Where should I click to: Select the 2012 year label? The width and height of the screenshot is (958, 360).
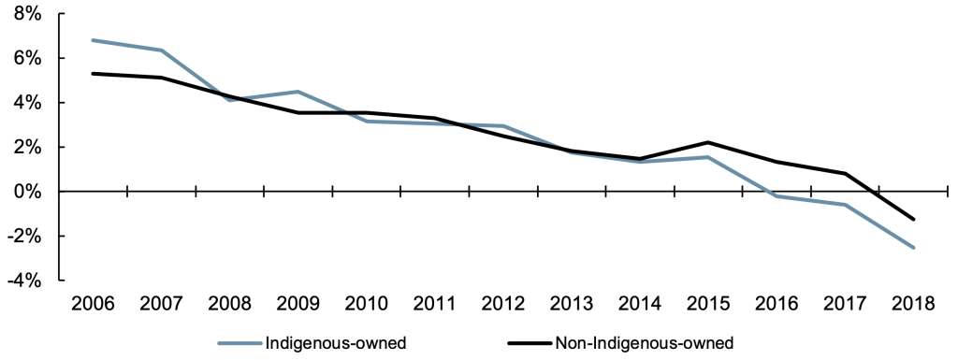(x=502, y=304)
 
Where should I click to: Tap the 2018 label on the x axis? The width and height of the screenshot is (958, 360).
(x=913, y=304)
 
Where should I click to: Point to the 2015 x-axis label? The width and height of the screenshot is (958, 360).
(x=708, y=304)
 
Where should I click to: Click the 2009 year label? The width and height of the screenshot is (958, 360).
(x=297, y=304)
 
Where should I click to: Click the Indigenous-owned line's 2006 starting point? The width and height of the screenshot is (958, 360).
(x=92, y=40)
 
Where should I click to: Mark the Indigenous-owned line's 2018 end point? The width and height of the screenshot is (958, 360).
(x=913, y=248)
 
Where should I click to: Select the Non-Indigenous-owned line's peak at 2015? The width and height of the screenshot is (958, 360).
(x=708, y=142)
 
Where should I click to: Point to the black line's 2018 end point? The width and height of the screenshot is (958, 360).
(x=913, y=220)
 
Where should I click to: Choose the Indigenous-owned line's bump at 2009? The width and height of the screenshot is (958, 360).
(x=297, y=92)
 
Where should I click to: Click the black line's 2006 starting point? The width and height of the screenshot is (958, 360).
(x=92, y=73)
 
